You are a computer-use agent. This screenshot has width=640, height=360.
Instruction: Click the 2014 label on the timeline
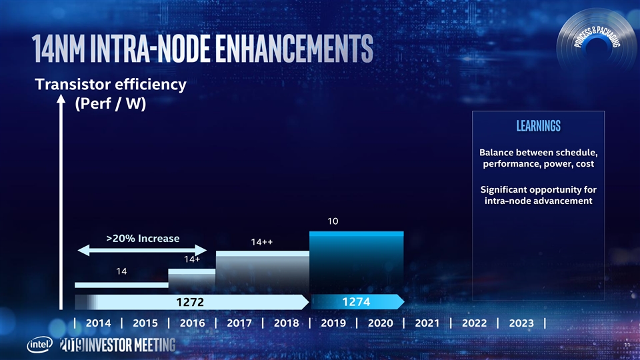tap(99, 323)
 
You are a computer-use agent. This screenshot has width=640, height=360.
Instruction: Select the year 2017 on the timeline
tap(239, 323)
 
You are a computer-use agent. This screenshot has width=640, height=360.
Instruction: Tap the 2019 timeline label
tap(333, 323)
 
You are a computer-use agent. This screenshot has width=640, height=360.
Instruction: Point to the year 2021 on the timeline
tap(427, 323)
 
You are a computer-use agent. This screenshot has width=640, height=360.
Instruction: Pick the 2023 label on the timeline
tap(521, 323)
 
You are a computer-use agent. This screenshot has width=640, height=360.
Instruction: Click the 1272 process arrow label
tap(189, 303)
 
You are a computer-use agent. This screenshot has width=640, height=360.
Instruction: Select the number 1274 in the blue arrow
tap(356, 302)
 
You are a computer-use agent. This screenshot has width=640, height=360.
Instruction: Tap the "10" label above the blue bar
tap(333, 221)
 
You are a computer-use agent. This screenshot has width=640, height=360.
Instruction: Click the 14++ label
tap(261, 242)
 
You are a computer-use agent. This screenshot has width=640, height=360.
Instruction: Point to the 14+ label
tap(192, 259)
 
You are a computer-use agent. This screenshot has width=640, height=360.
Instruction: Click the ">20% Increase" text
tap(143, 238)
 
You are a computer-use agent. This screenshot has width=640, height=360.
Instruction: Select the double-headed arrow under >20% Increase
tap(143, 251)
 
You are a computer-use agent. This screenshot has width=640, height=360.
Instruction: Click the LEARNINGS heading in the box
tap(538, 126)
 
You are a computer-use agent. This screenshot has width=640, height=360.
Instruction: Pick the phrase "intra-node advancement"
tap(537, 201)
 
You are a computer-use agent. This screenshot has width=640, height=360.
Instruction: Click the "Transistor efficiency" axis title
tap(111, 85)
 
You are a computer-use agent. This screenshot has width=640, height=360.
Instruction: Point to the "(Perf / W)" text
tap(110, 105)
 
